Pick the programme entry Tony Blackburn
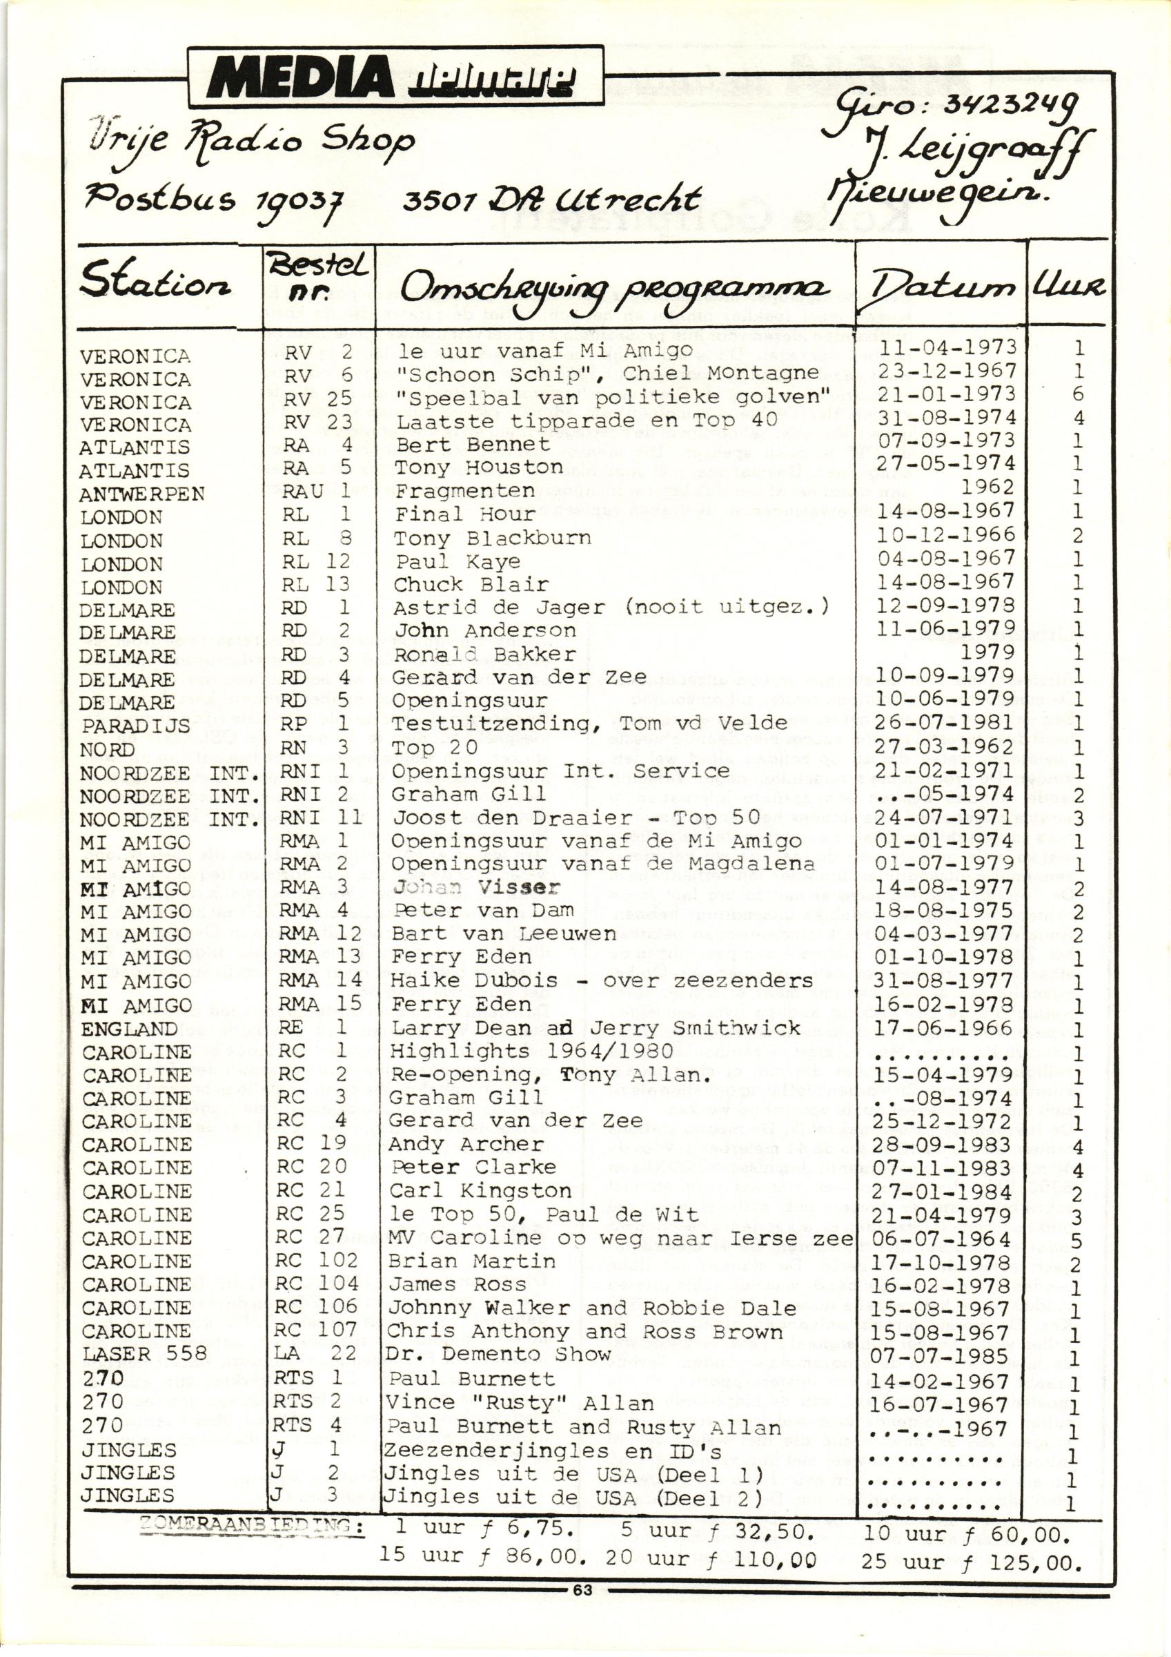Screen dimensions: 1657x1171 pyautogui.click(x=492, y=539)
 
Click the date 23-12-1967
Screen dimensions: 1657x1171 pyautogui.click(x=946, y=371)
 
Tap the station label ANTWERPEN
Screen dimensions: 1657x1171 pyautogui.click(x=142, y=494)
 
